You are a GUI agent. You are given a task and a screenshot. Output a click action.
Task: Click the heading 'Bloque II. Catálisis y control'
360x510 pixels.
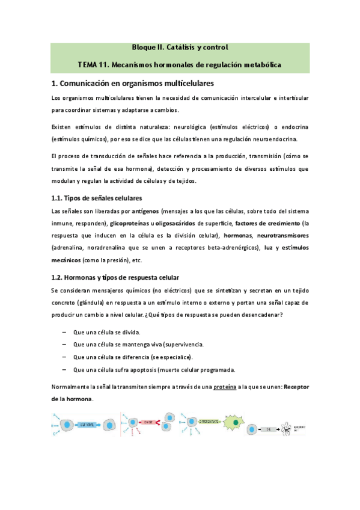point(180,47)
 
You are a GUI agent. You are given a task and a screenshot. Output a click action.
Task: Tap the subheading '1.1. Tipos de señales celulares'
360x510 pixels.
point(97,198)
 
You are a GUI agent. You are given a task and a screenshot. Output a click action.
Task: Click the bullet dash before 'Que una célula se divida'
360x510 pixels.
point(64,332)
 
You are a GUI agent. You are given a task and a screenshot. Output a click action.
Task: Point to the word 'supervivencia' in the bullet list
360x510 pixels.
point(183,345)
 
